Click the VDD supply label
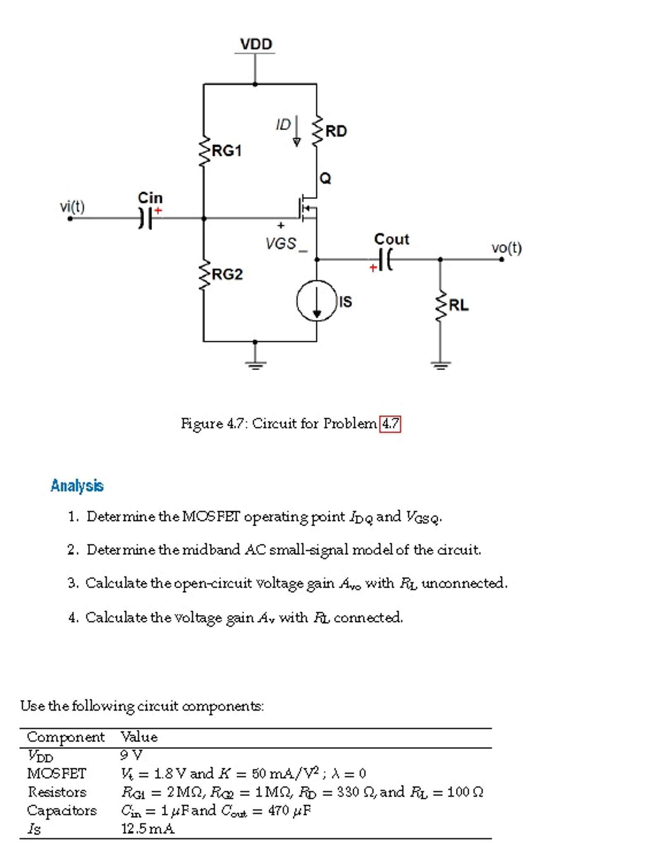[256, 44]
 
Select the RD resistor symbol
[317, 131]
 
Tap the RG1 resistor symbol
[203, 152]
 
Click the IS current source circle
[317, 301]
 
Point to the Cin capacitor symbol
[146, 218]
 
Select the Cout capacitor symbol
[385, 260]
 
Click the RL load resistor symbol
[441, 306]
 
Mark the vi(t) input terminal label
[72, 206]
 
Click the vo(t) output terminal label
[506, 248]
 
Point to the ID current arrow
[296, 131]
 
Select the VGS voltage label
[281, 243]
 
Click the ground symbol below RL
[441, 365]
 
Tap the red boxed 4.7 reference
[390, 424]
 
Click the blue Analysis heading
[77, 486]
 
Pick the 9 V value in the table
[131, 755]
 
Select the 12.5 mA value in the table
[148, 828]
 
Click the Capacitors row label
[62, 810]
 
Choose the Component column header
[66, 737]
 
